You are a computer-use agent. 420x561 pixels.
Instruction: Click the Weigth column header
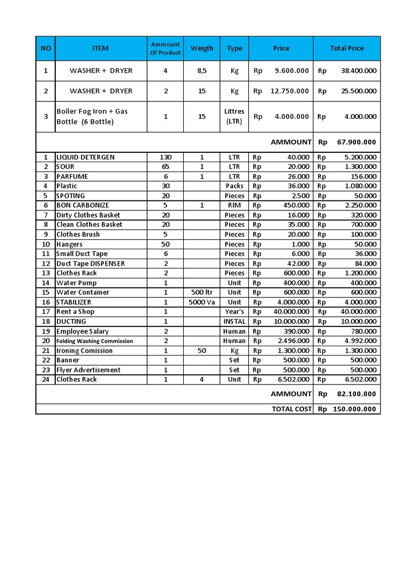202,48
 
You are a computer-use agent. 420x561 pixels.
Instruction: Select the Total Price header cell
347,48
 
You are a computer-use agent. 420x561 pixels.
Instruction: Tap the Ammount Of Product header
165,48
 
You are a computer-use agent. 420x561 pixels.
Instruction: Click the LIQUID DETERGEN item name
85,157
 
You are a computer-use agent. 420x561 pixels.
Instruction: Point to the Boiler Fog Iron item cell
92,116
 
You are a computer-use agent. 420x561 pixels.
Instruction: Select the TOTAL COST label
291,409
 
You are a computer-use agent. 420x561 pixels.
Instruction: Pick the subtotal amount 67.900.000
357,142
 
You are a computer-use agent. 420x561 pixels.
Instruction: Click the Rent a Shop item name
75,312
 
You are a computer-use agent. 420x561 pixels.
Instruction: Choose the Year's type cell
235,312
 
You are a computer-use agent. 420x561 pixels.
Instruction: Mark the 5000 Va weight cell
202,302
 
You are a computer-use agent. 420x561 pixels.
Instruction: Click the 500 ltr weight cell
202,293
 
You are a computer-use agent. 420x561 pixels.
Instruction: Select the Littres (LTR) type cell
235,116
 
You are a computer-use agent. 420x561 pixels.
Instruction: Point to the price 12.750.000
289,91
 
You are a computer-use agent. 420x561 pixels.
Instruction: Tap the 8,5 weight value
202,71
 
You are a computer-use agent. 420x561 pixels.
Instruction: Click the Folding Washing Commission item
95,341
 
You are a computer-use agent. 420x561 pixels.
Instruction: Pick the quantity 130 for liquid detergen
165,157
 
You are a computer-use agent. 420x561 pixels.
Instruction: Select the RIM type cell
235,205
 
